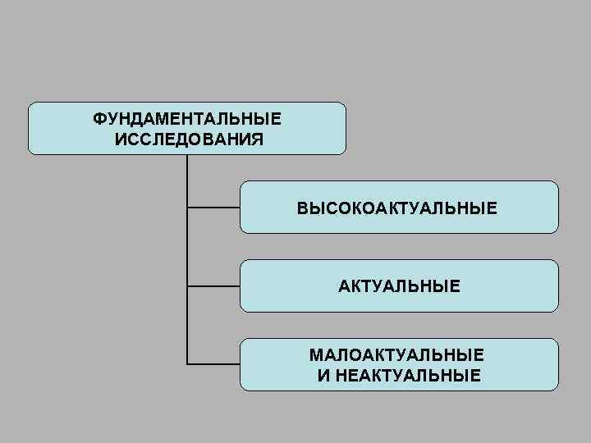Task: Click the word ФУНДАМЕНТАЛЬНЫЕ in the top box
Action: coord(186,120)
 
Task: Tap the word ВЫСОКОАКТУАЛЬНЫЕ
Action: coord(396,208)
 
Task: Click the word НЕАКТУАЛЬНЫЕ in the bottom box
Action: coord(406,376)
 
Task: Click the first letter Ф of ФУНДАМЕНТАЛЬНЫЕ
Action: coord(98,120)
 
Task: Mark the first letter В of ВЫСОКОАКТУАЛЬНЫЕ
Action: coord(302,208)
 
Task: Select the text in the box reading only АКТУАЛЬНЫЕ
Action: coord(399,286)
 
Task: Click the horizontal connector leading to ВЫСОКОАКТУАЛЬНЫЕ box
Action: coord(213,208)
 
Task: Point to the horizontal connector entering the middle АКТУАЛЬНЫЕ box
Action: coord(213,286)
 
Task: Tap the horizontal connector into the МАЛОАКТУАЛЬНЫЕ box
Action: coord(213,363)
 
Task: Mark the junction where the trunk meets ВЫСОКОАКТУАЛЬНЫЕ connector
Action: coord(187,208)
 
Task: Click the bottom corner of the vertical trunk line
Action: coord(187,363)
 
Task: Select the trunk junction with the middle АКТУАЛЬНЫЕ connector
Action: coord(187,286)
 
